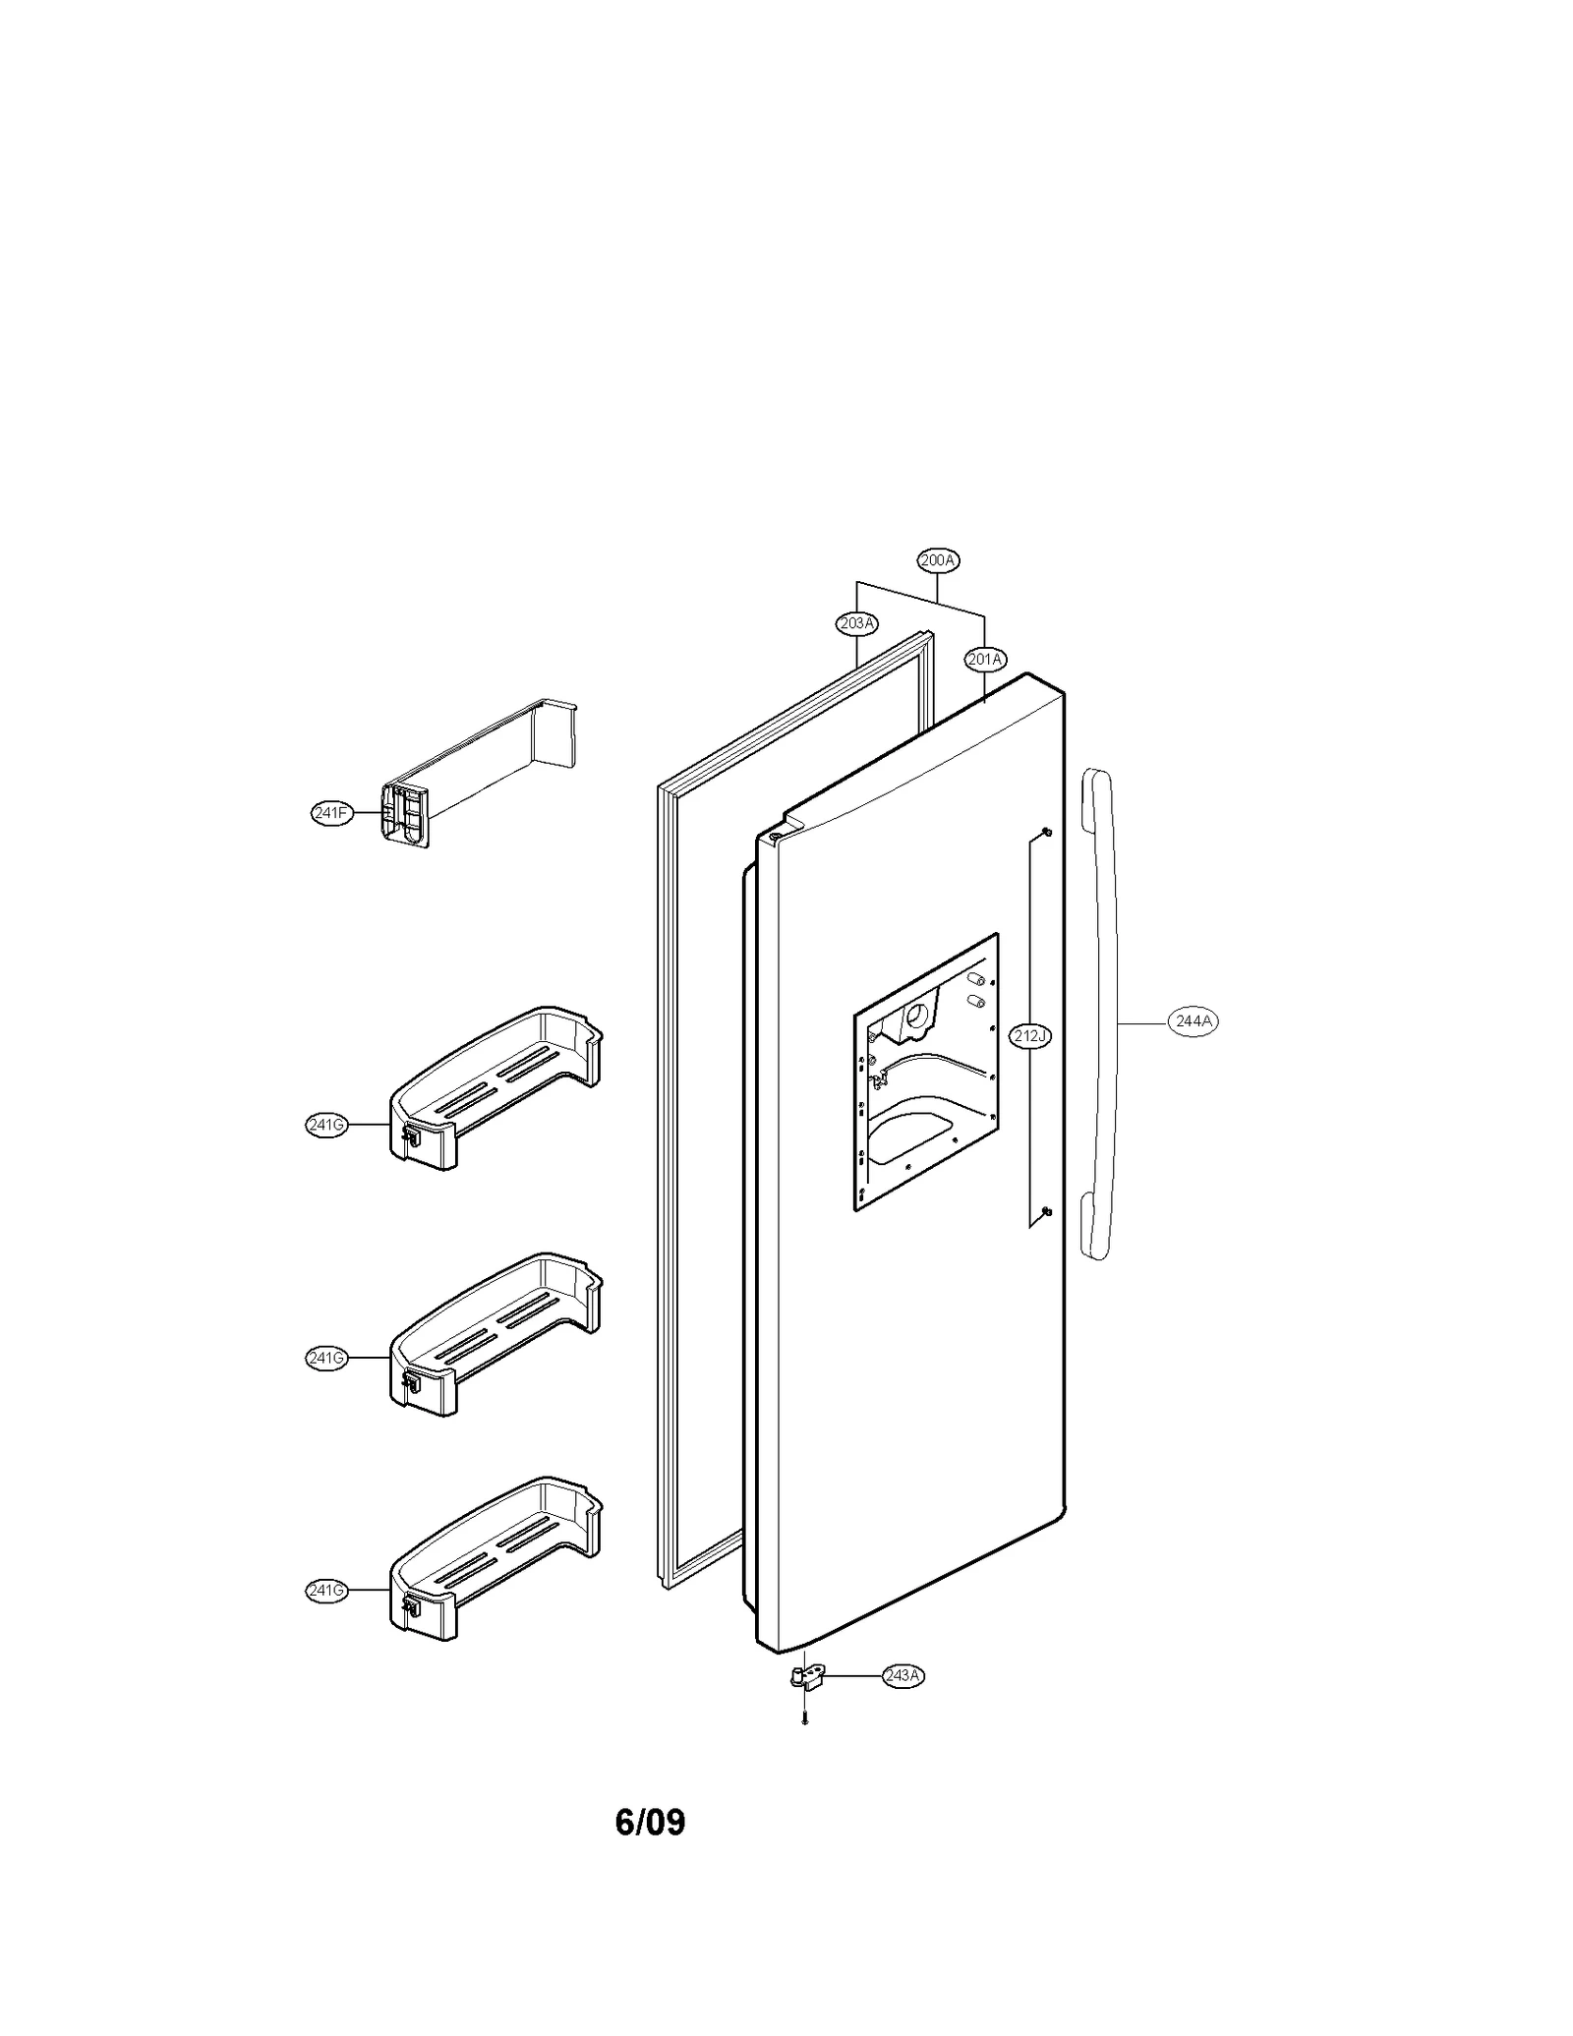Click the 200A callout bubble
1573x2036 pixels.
[x=938, y=560]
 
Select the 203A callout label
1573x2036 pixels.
[x=856, y=622]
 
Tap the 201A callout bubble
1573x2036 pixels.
[x=984, y=659]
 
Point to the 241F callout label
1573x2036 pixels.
[x=331, y=813]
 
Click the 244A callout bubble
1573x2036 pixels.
[x=1194, y=1021]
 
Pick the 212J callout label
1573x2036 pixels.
[x=1030, y=1035]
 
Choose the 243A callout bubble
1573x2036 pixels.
[x=903, y=1676]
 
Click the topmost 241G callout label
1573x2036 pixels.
[x=326, y=1126]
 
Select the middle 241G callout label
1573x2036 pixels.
[x=326, y=1359]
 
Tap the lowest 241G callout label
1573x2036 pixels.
[x=326, y=1591]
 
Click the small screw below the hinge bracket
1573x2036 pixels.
[x=805, y=1719]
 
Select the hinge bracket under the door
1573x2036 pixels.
[x=805, y=1678]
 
